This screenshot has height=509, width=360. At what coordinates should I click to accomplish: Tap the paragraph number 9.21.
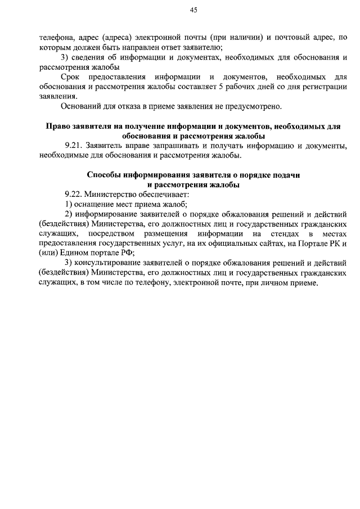pyautogui.click(x=74, y=146)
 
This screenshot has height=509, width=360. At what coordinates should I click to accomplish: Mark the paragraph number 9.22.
pyautogui.click(x=74, y=194)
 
